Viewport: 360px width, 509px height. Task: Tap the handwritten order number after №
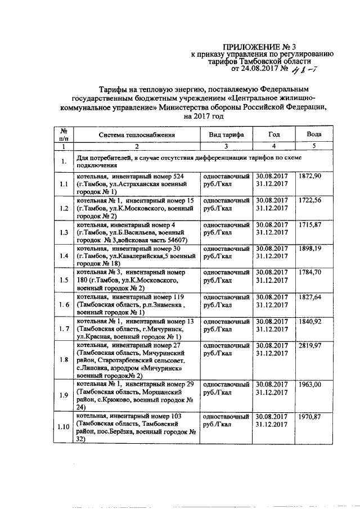307,70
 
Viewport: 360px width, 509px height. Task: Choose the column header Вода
314,135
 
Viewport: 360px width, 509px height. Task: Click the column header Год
274,135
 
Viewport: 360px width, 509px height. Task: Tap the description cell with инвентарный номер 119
135,305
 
